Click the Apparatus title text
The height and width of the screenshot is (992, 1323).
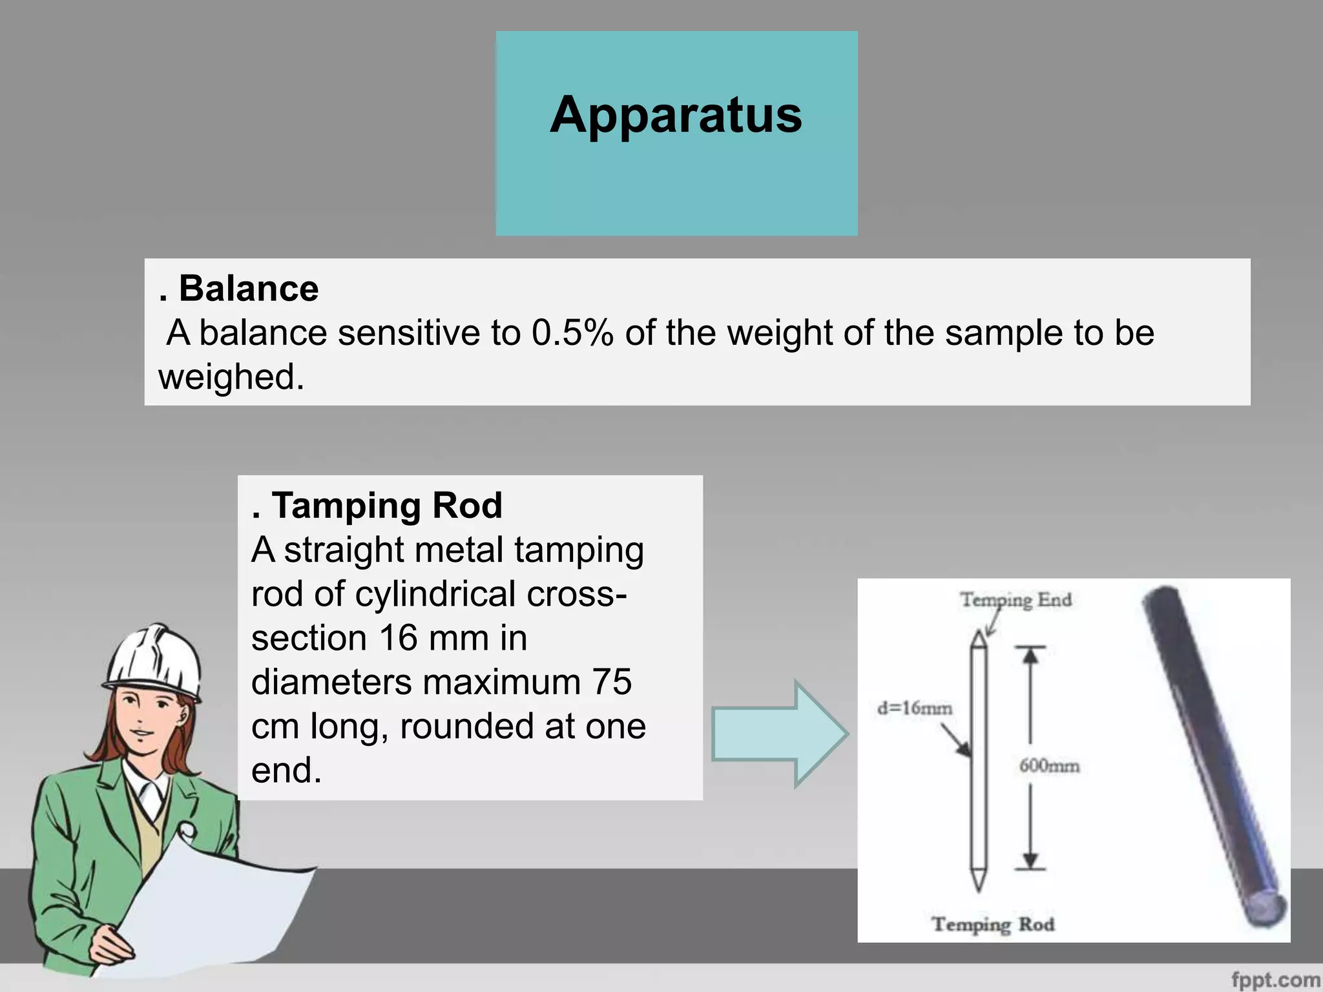coord(676,115)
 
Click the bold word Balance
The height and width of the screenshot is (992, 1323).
coord(248,288)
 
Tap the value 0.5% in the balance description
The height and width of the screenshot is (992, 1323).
coord(572,333)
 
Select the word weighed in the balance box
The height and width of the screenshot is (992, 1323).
coord(231,377)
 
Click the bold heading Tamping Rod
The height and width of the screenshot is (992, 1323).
coord(386,505)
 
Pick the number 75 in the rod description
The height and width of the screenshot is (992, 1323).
coord(611,682)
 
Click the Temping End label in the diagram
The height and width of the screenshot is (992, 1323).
coord(1016,600)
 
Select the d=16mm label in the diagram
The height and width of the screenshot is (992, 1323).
coord(914,708)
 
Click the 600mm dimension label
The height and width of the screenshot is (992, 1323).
coord(1049,766)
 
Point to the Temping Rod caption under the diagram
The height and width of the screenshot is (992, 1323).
coord(993,924)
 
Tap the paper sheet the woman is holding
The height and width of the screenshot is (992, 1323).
coord(213,904)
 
